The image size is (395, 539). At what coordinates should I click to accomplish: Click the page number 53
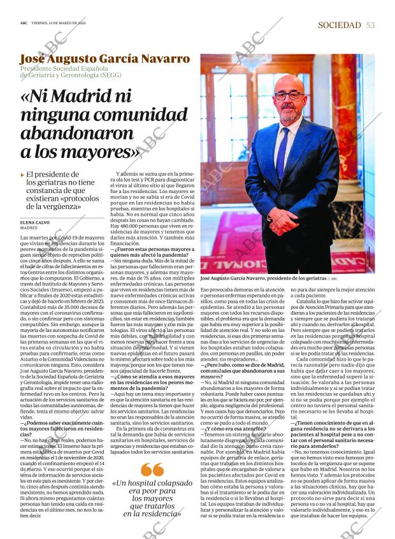[x=371, y=25]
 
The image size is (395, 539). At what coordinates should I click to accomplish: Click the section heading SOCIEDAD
[x=340, y=25]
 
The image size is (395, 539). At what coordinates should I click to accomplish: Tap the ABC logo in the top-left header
[x=24, y=22]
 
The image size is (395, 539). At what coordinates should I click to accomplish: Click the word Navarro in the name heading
[x=159, y=59]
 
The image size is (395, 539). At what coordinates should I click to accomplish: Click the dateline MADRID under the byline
[x=29, y=227]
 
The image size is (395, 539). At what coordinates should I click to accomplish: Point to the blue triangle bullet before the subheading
[x=22, y=175]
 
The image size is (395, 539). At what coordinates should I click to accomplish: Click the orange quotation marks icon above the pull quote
[x=152, y=470]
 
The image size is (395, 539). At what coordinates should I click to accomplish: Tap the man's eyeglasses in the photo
[x=289, y=96]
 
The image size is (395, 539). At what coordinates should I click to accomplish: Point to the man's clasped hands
[x=282, y=220]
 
